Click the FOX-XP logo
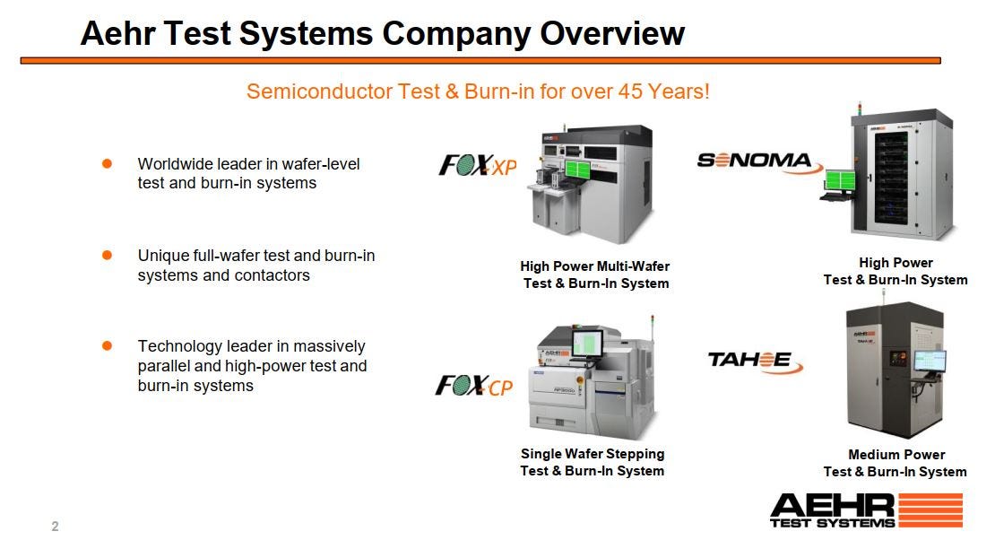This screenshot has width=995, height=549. coord(477,165)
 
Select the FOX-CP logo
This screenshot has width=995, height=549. coord(474,386)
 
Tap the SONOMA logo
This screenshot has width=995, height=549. coord(754,161)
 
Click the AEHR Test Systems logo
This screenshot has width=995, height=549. coord(866,509)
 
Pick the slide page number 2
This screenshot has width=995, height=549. coord(55,527)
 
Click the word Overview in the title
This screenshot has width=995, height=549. coord(612,34)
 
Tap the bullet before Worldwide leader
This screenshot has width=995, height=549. coord(107,163)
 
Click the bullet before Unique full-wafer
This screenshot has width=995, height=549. coord(107,255)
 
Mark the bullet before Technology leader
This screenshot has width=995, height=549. coord(107,345)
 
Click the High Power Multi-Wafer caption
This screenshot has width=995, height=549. coord(595,266)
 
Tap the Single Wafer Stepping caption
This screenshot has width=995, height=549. coord(593,454)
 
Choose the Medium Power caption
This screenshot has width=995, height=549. coord(896,455)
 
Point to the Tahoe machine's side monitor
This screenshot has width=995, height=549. coord(929,361)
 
